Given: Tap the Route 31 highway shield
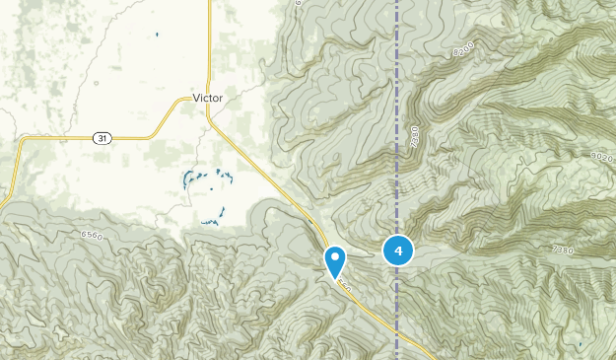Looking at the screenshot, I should point(103,138).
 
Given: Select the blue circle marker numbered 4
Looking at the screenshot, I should point(398,252).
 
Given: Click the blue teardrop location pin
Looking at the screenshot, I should point(335,261).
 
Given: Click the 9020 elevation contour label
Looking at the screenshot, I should point(600,155).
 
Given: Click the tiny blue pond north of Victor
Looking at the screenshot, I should point(157,36).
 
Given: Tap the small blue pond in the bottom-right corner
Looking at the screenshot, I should point(582,343).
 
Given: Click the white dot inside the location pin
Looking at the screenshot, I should point(335,258).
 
